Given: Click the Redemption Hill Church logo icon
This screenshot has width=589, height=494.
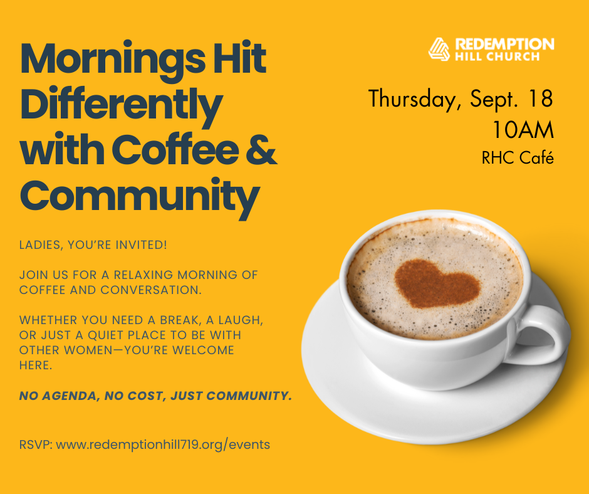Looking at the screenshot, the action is [439, 50].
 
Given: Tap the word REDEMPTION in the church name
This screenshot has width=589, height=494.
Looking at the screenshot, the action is [504, 44].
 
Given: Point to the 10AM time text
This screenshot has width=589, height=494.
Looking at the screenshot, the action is [523, 130].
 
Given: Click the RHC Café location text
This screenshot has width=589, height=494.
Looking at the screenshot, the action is [518, 157].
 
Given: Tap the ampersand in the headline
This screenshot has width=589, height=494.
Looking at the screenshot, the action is [261, 150].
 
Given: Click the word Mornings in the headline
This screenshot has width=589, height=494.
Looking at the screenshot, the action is [113, 60].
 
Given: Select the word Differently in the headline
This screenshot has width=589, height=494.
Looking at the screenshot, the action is [122, 105].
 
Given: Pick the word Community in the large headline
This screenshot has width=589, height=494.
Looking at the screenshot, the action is [140, 197].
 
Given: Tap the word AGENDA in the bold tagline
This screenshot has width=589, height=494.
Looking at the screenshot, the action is [69, 396].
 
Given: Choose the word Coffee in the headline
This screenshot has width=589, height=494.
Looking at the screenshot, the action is [175, 150].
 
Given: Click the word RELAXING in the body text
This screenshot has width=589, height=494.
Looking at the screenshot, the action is [143, 275].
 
